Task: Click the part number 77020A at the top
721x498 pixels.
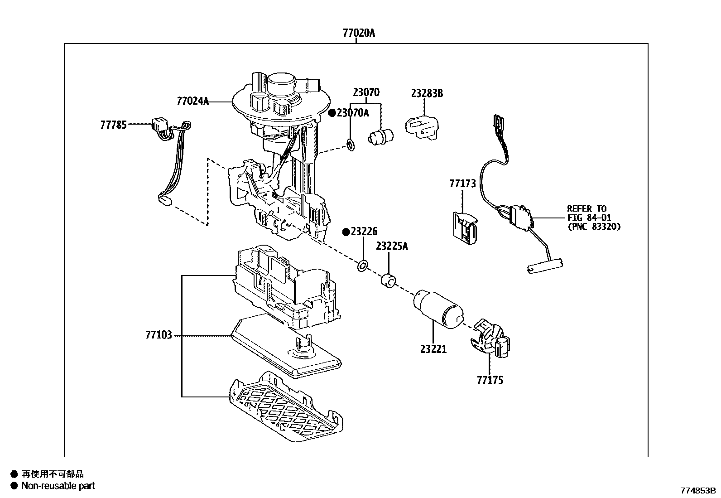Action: tap(359, 33)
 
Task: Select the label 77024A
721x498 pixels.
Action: tap(192, 101)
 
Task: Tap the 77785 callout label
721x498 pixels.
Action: tap(113, 125)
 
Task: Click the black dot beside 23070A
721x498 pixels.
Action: tap(332, 113)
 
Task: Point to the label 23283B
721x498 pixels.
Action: tap(427, 93)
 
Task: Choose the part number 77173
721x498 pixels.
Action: tap(462, 184)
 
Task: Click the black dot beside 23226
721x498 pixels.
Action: tap(346, 232)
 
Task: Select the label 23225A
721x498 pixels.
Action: tap(392, 247)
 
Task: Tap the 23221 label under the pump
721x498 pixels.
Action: tap(433, 349)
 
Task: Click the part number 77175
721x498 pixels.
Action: tap(490, 381)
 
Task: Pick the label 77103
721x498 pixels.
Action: tap(159, 335)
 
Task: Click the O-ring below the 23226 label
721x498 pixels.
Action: tap(362, 266)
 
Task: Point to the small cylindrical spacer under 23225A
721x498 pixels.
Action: tap(389, 280)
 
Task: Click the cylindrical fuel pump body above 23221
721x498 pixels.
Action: tap(439, 309)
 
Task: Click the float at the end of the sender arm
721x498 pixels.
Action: tap(545, 266)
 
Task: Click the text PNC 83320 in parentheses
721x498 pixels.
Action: tap(594, 227)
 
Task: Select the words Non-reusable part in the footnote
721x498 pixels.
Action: tap(58, 486)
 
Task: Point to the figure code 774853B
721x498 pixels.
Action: tap(698, 491)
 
